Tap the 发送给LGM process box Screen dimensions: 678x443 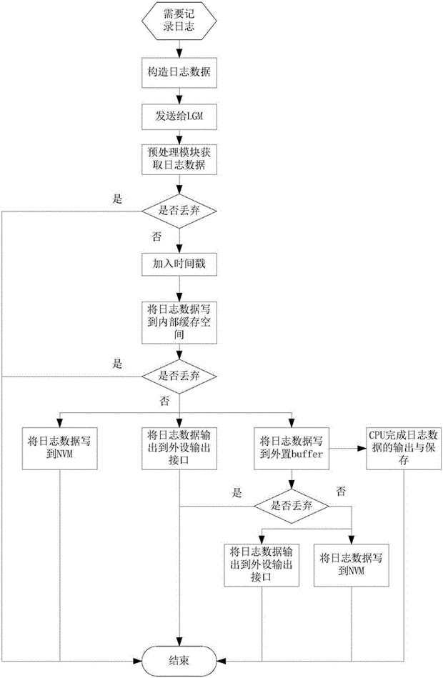click(178, 114)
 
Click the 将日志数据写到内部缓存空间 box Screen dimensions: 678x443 click(178, 316)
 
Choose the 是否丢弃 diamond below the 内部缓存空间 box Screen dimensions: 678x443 click(178, 375)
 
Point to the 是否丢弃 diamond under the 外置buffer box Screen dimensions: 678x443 click(292, 504)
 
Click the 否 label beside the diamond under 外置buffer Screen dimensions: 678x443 click(342, 491)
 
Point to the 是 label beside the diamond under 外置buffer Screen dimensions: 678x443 click(236, 492)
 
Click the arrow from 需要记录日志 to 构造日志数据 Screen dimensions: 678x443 click(178, 51)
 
